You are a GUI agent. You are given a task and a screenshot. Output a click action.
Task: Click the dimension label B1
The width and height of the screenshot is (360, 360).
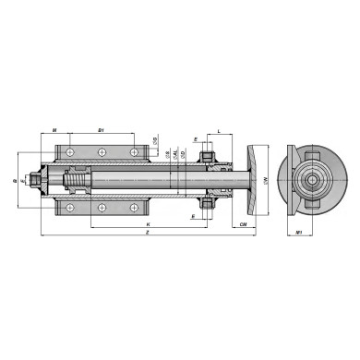pyautogui.click(x=101, y=132)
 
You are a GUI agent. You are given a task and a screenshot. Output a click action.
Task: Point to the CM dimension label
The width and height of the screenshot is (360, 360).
pyautogui.click(x=242, y=224)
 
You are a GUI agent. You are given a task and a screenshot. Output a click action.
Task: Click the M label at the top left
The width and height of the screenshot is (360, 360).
pyautogui.click(x=56, y=132)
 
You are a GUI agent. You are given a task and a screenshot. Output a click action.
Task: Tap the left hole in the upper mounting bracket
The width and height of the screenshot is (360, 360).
pyautogui.click(x=68, y=151)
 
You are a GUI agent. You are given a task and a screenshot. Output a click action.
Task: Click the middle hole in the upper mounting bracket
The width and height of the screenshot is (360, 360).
pyautogui.click(x=101, y=151)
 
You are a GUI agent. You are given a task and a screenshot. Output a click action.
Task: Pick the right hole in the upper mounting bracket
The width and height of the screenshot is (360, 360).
pyautogui.click(x=135, y=151)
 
